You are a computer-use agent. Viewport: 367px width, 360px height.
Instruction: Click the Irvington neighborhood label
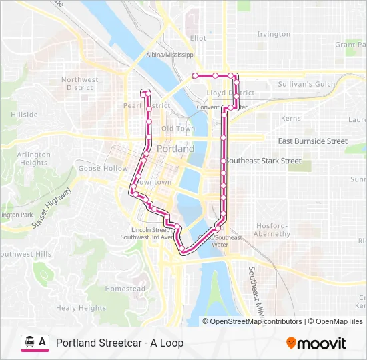click(x=274, y=34)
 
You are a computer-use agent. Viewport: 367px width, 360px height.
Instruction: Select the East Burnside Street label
click(x=312, y=141)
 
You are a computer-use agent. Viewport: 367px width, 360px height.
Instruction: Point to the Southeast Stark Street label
click(x=264, y=161)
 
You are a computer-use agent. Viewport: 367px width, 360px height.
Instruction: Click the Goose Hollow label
click(x=103, y=169)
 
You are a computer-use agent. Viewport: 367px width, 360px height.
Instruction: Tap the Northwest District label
click(x=80, y=83)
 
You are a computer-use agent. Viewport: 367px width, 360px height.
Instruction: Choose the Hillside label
click(x=24, y=115)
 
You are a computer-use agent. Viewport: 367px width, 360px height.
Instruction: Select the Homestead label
click(x=125, y=289)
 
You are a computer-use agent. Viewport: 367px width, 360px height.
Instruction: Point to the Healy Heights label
click(x=81, y=308)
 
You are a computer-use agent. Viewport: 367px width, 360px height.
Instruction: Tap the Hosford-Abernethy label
click(x=272, y=230)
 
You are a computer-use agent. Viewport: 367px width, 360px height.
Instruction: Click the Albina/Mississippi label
click(x=170, y=55)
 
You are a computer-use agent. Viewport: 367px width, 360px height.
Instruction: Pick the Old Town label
click(x=177, y=129)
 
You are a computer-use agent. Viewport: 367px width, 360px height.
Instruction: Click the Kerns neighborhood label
click(x=291, y=118)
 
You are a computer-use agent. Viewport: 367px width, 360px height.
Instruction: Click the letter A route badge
click(x=43, y=343)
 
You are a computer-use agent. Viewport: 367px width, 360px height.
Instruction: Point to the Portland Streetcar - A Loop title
click(x=119, y=343)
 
